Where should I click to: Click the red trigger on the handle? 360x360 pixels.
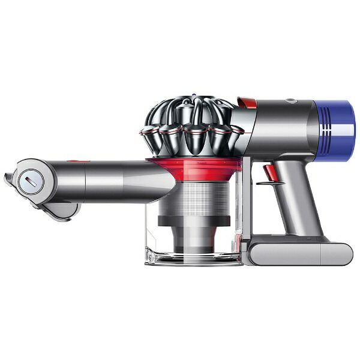pyautogui.click(x=268, y=173)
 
